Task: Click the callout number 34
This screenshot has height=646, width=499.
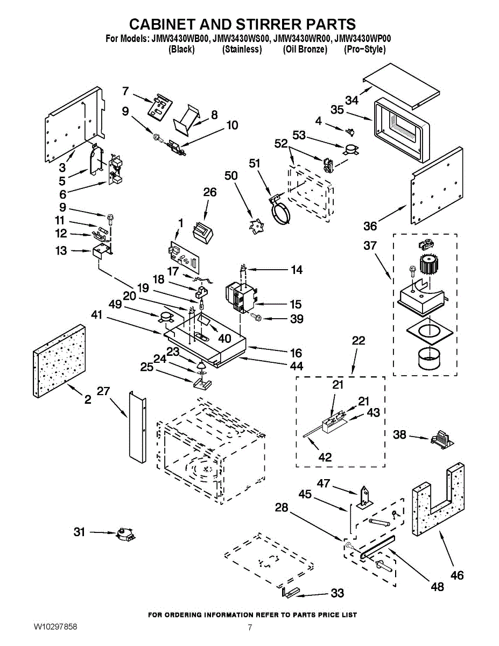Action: (352, 100)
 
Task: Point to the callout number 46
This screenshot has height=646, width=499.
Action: (456, 575)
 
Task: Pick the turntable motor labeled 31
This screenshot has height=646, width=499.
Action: (124, 533)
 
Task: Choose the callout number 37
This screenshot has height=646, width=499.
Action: (370, 245)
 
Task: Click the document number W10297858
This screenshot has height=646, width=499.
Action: (55, 627)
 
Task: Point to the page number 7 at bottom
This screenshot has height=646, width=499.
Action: (250, 628)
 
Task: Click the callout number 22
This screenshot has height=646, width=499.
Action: (358, 340)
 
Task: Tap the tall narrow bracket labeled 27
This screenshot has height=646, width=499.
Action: (137, 427)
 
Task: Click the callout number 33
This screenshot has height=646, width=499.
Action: (337, 593)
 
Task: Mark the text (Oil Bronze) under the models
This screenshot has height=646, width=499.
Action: (305, 49)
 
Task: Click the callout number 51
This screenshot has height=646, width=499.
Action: (254, 163)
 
